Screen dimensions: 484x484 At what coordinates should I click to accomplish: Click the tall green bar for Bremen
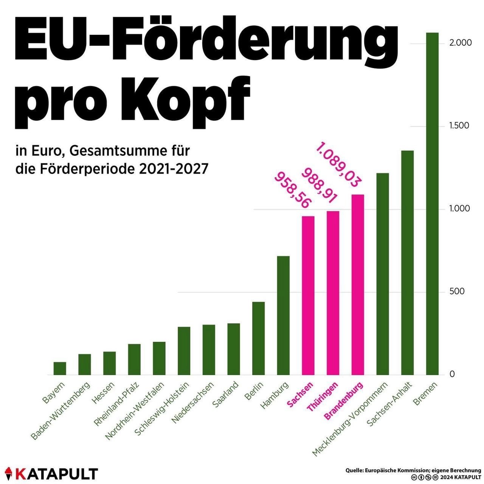pyautogui.click(x=432, y=204)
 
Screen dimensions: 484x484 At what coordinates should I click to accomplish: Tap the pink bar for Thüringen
pyautogui.click(x=333, y=293)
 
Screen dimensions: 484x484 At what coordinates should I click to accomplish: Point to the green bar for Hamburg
pyautogui.click(x=283, y=316)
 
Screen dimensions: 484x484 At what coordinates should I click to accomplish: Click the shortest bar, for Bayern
pyautogui.click(x=60, y=369)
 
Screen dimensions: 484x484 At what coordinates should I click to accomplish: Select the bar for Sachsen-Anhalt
pyautogui.click(x=407, y=263)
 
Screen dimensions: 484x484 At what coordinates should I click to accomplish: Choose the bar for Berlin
pyautogui.click(x=259, y=338)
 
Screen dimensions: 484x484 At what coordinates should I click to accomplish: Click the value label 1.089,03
pyautogui.click(x=337, y=165)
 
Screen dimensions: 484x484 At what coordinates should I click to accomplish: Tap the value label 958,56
pyautogui.click(x=292, y=190)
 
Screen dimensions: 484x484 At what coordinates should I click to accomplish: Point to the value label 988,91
pyautogui.click(x=320, y=186)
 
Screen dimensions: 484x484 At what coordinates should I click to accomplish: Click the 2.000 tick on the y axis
pyautogui.click(x=461, y=43)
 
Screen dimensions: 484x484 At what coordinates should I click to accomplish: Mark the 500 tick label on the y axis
pyautogui.click(x=457, y=292)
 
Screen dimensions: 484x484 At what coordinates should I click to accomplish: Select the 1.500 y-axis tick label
pyautogui.click(x=459, y=126)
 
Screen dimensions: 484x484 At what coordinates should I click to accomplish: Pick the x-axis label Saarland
pyautogui.click(x=226, y=394)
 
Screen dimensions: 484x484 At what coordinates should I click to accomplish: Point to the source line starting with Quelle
pyautogui.click(x=413, y=470)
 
